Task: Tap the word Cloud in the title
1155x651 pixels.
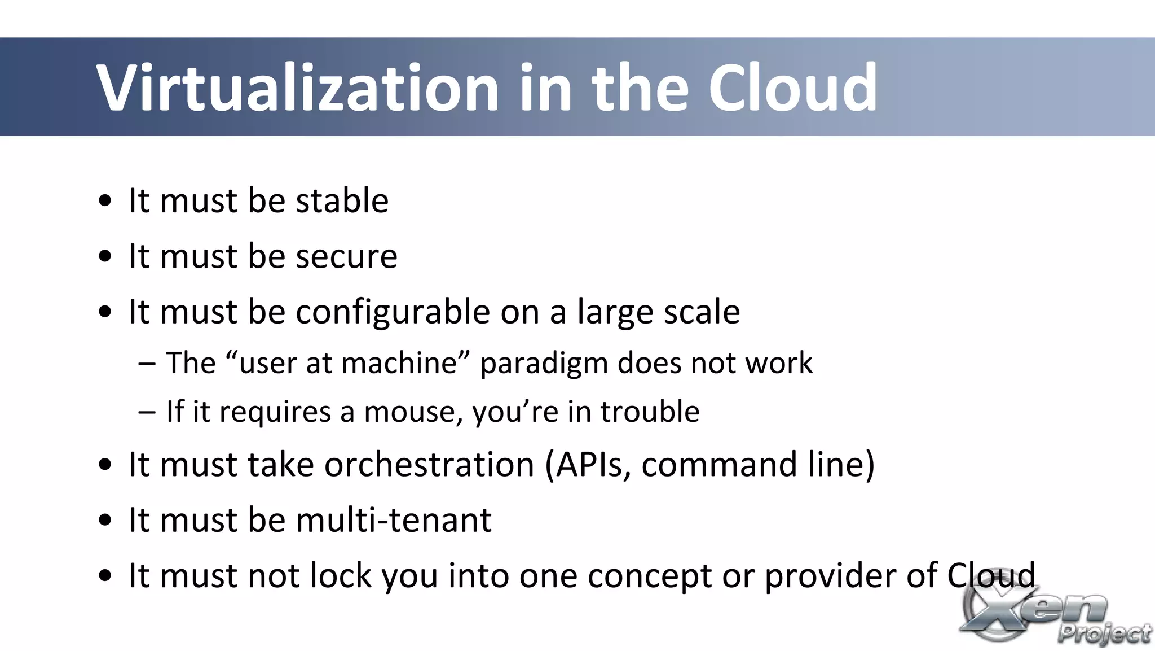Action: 792,88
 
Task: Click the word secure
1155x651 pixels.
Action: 346,257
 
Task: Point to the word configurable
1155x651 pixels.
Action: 393,312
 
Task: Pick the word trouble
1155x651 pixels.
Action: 649,412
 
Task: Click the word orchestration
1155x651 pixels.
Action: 429,465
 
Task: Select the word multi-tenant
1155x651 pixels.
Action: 393,520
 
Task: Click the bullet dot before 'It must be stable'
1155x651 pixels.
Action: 105,202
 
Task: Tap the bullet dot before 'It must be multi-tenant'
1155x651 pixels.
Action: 105,521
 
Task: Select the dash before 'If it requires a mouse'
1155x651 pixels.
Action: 147,412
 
